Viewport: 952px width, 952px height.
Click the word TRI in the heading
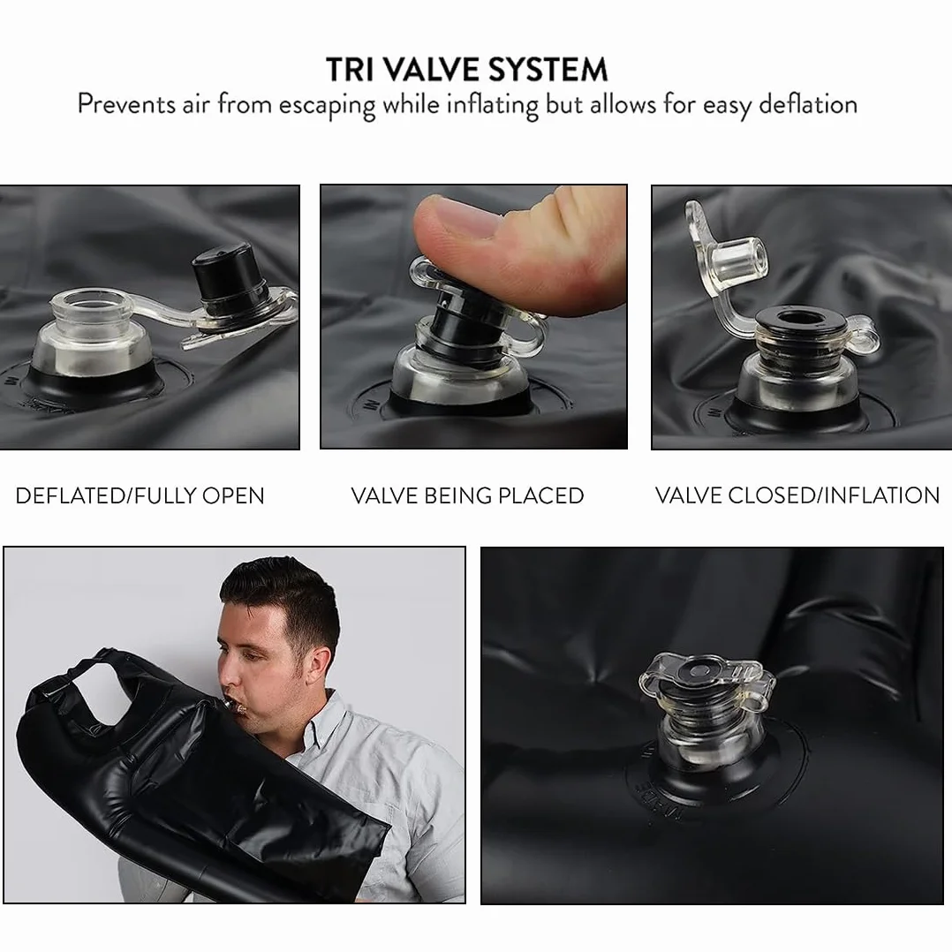(x=350, y=69)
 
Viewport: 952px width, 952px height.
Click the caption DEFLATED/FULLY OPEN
(x=140, y=496)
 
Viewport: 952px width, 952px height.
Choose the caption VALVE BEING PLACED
(x=467, y=496)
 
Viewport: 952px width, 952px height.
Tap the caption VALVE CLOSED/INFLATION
(x=797, y=495)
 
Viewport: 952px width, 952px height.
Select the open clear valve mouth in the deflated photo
(x=90, y=304)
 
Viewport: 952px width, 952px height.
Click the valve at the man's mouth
(x=234, y=705)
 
